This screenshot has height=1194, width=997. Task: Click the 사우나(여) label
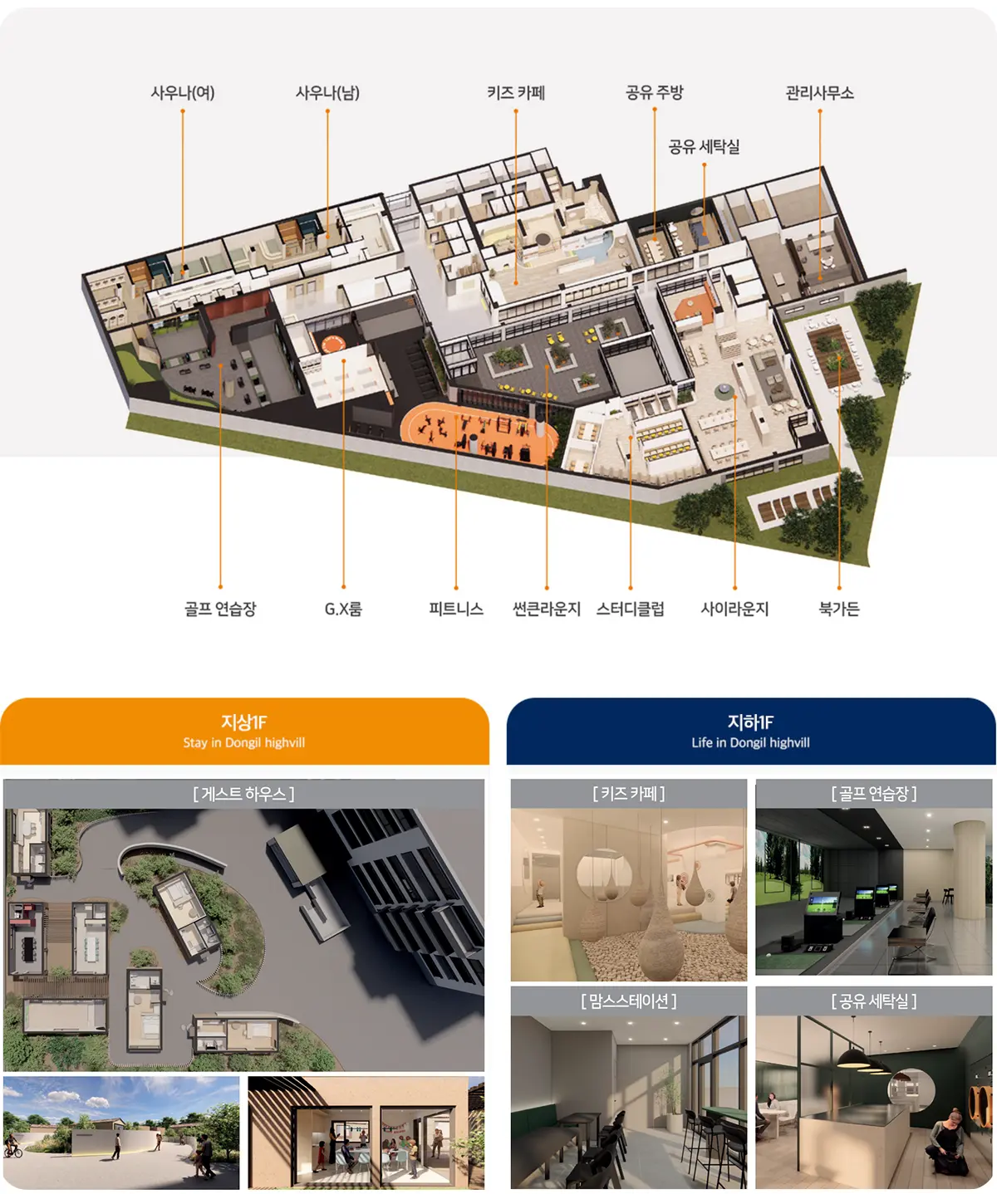coord(183,93)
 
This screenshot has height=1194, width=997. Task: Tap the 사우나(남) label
coord(327,93)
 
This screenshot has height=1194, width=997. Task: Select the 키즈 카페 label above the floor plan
coord(516,93)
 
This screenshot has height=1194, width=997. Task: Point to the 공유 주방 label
coord(654,92)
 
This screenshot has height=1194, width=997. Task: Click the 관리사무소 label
coord(819,93)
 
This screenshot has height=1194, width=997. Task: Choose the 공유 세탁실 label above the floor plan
coord(704,147)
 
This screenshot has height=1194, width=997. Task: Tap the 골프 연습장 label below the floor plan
coord(220,609)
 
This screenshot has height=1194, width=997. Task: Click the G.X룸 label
coord(343,609)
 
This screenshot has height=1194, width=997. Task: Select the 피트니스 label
coord(456,609)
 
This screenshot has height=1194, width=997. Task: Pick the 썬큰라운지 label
coord(547,609)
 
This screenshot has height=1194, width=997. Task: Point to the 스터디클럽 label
coord(630,609)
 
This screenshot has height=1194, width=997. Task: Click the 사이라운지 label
coord(735,609)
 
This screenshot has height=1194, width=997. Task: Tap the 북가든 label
coord(839,609)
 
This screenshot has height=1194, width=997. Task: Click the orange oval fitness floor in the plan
coord(479,433)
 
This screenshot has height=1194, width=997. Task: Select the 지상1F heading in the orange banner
coord(244,722)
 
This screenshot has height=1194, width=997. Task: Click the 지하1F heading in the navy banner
coord(751,722)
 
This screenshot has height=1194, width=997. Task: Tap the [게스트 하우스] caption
coord(243,794)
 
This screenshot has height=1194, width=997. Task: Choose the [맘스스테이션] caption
coord(629,1001)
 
